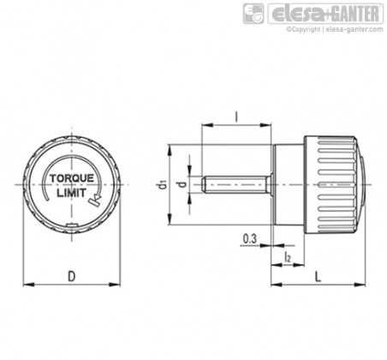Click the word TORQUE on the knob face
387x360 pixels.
[x=72, y=178]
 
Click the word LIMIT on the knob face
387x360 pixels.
[x=71, y=193]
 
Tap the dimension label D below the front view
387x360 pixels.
[x=72, y=276]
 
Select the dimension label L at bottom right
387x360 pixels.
[x=318, y=276]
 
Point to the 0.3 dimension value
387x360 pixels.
[x=250, y=238]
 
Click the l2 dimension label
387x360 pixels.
[x=288, y=256]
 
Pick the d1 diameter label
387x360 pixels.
[x=162, y=185]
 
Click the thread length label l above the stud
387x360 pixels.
[x=236, y=117]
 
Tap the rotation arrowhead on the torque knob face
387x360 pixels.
[x=95, y=198]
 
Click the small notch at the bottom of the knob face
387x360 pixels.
[x=72, y=225]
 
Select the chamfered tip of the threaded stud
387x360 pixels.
[x=204, y=184]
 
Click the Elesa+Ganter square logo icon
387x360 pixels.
[x=253, y=14]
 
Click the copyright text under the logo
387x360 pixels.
[x=335, y=29]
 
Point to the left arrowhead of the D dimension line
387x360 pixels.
[x=28, y=285]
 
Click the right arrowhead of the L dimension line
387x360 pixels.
[x=360, y=285]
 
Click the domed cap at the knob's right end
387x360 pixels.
[x=362, y=184]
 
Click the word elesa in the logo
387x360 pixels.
[x=299, y=14]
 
